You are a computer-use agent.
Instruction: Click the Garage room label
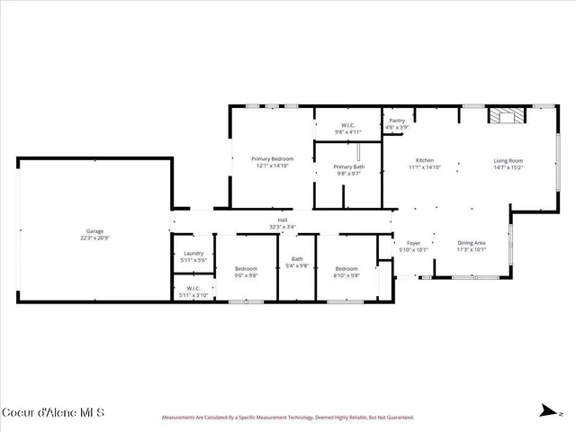pos(94,231)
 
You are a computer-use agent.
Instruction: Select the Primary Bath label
pos(348,166)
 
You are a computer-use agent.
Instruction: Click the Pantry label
pos(396,121)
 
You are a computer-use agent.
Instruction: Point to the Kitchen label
pos(424,160)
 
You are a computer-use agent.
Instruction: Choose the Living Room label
pos(508,160)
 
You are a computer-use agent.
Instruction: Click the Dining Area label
pos(472,243)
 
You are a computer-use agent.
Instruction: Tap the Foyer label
pos(414,243)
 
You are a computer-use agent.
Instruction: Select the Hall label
pos(283,220)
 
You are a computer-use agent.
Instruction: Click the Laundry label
pos(193,253)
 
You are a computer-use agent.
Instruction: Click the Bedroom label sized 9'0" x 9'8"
pos(247,268)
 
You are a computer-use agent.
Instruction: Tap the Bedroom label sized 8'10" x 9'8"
pos(347,268)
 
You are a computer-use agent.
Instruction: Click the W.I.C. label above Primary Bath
pos(347,125)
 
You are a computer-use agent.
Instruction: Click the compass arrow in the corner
pos(546,411)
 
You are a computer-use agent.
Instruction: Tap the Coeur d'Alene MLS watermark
pos(53,412)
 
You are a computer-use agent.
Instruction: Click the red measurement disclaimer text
pos(287,418)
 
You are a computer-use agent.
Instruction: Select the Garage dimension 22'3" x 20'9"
pos(94,238)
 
